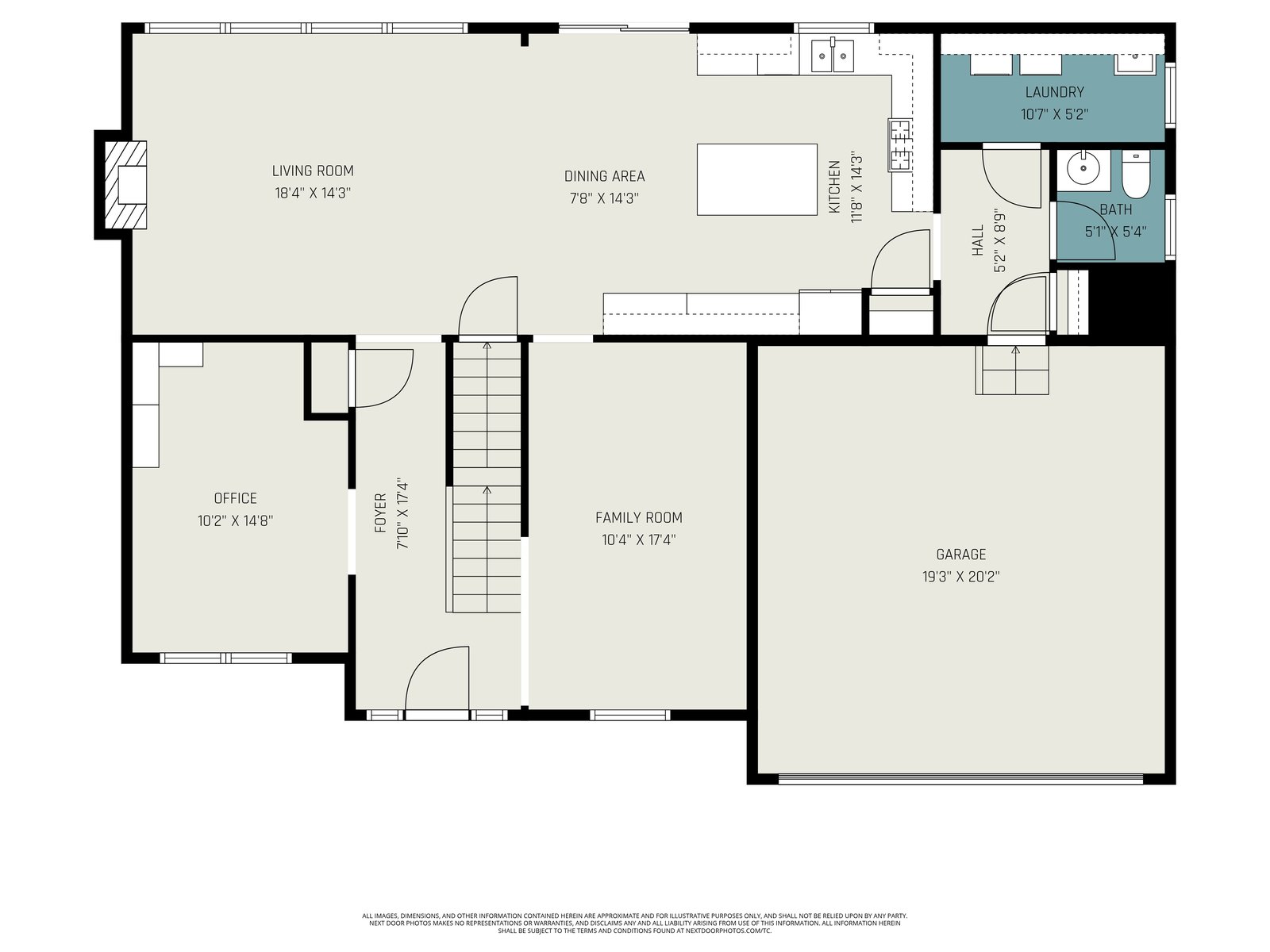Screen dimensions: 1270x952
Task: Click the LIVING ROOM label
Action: point(313,171)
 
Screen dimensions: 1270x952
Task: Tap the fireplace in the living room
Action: point(125,185)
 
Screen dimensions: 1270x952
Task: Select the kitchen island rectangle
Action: point(756,180)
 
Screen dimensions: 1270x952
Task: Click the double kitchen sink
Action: point(832,56)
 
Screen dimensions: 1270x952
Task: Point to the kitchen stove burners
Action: point(899,144)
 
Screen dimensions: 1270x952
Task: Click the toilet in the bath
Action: point(1137,175)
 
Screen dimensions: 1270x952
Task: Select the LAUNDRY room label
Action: point(1054,92)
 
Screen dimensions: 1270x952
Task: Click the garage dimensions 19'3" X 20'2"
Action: point(960,576)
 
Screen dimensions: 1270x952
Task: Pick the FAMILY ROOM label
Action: point(639,517)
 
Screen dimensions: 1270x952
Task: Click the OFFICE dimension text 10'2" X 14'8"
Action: point(235,520)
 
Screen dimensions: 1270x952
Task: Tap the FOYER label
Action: point(380,512)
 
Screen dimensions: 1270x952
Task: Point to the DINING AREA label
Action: point(604,175)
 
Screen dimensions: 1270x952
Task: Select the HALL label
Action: point(978,240)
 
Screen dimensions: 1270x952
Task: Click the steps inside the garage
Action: point(1012,370)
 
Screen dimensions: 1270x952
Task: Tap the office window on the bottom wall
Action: point(225,658)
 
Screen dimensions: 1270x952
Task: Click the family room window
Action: point(630,715)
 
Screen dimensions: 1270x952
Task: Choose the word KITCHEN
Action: point(834,186)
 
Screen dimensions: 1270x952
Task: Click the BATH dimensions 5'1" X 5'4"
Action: point(1115,232)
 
